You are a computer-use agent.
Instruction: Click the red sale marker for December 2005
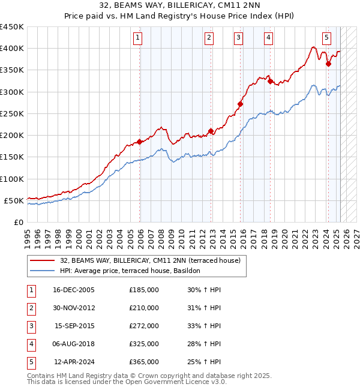[139, 142]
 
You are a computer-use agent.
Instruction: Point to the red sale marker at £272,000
[240, 104]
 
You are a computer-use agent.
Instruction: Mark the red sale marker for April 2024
[328, 64]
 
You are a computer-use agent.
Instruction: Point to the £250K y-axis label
[12, 113]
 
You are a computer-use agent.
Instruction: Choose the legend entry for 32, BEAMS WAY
[150, 260]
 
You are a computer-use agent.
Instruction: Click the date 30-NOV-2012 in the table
[74, 308]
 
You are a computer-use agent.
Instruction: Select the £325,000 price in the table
[144, 344]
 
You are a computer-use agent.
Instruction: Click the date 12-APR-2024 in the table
[74, 362]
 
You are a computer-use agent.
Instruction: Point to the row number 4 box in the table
[30, 344]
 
